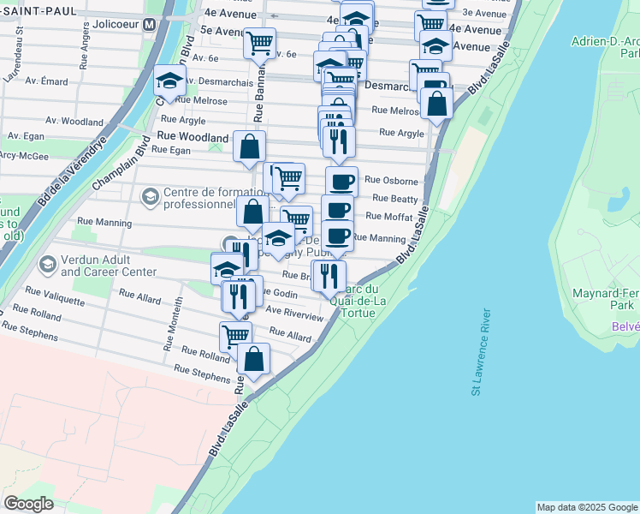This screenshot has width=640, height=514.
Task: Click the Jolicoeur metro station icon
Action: pos(150,24)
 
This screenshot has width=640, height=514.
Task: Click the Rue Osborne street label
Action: pos(391,181)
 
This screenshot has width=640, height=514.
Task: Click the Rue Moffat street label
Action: pos(389,218)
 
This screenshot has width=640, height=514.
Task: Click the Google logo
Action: pos(28,504)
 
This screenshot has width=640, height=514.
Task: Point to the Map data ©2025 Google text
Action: pos(586,507)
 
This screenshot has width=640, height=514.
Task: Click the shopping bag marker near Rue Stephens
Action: pos(254,359)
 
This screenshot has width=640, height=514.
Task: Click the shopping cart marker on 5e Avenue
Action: pos(258,41)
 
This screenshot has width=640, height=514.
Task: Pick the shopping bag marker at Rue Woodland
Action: pos(249,146)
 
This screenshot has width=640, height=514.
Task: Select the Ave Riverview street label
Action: pos(295,313)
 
